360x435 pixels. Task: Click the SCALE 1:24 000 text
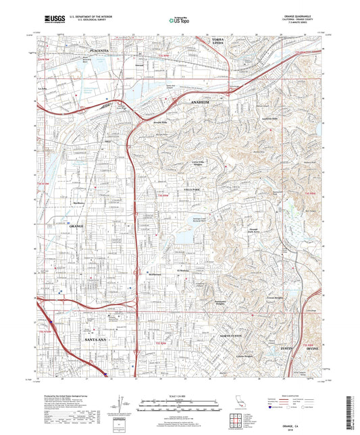(180, 395)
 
